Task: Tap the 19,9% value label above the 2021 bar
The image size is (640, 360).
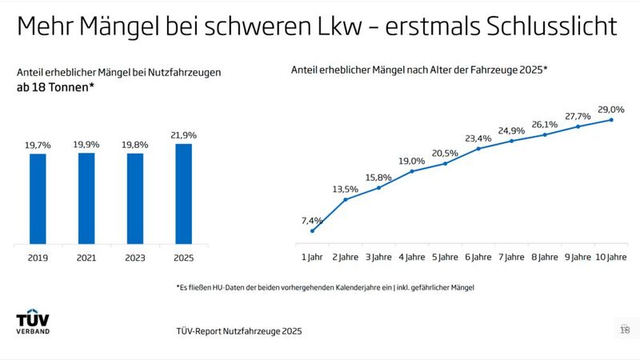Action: tap(86, 145)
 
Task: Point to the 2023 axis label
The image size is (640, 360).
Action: tap(135, 258)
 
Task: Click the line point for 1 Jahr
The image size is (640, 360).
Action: tap(312, 231)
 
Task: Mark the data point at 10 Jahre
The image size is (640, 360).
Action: tap(611, 120)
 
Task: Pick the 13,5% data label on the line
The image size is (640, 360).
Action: tap(346, 189)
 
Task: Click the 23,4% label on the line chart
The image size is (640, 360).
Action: tap(478, 138)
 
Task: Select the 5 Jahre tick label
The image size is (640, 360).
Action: tap(445, 258)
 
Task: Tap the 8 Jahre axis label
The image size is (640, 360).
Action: tap(545, 258)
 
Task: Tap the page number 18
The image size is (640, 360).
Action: tap(625, 329)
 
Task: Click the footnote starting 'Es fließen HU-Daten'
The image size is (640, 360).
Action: tap(325, 287)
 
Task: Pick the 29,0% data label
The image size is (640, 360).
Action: tap(611, 109)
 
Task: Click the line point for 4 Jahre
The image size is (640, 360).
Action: tap(412, 171)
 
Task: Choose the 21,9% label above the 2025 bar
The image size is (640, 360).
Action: tap(183, 136)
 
